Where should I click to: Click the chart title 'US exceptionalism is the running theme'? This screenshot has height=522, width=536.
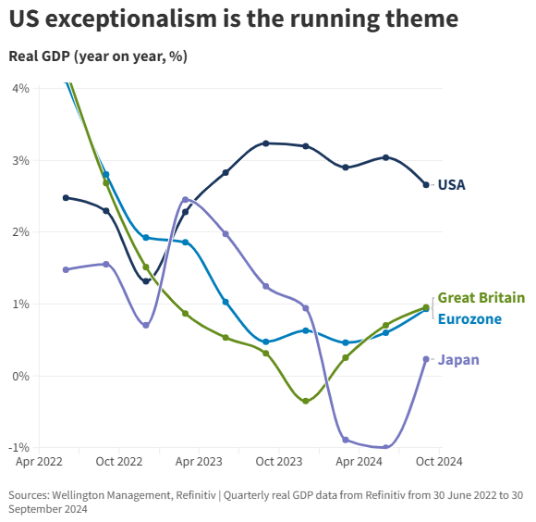233,19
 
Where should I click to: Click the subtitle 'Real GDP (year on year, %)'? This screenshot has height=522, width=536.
98,56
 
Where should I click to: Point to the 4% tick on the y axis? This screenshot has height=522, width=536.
20,88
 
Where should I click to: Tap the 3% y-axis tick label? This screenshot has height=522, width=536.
20,160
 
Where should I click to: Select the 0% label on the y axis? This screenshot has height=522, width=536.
20,376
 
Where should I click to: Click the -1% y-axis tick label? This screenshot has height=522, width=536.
18,448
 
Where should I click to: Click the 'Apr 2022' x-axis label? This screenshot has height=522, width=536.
39,460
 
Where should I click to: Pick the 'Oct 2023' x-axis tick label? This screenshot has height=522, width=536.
278,460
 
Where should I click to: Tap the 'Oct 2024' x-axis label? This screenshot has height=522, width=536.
437,460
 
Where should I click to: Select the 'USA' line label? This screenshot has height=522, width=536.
451,185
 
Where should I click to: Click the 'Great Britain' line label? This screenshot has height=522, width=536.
481,298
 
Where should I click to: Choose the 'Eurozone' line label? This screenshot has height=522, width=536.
469,319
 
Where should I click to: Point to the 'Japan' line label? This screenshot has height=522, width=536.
458,360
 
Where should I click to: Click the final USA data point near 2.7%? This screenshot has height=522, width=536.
426,185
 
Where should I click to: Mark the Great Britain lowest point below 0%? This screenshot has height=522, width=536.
306,401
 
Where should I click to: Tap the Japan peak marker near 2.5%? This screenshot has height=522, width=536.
186,199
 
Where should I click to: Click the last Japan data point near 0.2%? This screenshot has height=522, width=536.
426,359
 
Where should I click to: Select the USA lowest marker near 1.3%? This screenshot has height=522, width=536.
146,281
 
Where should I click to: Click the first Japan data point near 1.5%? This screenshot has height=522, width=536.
66,269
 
